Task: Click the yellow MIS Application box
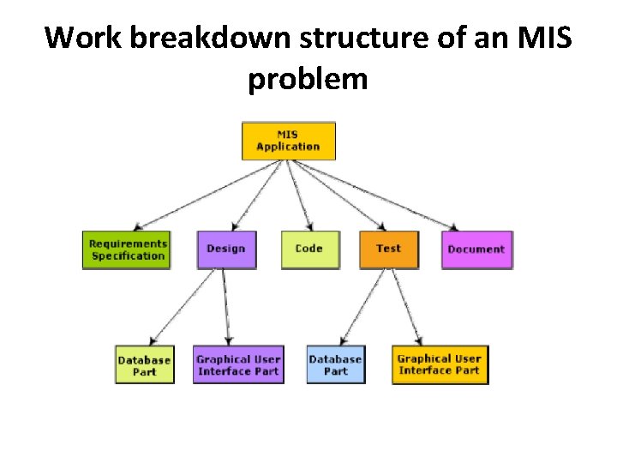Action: click(288, 141)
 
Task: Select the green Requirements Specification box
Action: click(127, 250)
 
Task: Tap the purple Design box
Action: click(226, 250)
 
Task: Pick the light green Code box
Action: click(309, 250)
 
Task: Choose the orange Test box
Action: click(388, 250)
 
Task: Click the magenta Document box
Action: click(476, 250)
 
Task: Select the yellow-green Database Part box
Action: click(144, 365)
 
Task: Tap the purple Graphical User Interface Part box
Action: click(238, 365)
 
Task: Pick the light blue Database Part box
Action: click(335, 365)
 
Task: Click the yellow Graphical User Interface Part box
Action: click(440, 365)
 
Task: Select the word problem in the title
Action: click(308, 80)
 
